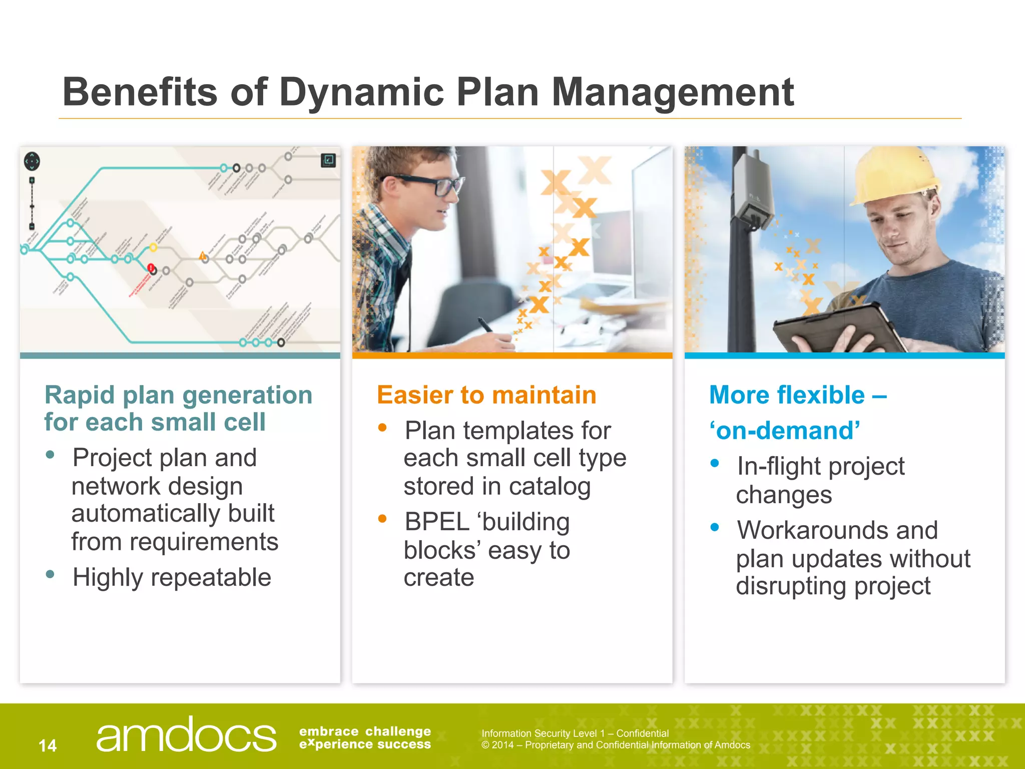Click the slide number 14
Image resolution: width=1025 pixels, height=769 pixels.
48,745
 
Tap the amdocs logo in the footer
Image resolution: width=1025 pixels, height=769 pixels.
186,735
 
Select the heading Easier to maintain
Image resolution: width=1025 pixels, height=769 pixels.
486,395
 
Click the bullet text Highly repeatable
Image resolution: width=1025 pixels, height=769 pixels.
172,577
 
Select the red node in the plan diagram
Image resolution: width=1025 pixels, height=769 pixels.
151,268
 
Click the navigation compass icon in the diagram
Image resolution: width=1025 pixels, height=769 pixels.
32,161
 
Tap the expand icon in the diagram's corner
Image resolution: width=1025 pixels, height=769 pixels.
328,160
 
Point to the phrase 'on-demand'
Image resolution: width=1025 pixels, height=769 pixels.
785,431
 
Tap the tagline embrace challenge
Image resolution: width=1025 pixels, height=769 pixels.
365,731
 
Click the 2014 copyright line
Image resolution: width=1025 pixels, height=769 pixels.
616,745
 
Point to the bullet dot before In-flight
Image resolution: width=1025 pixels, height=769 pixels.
715,464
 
